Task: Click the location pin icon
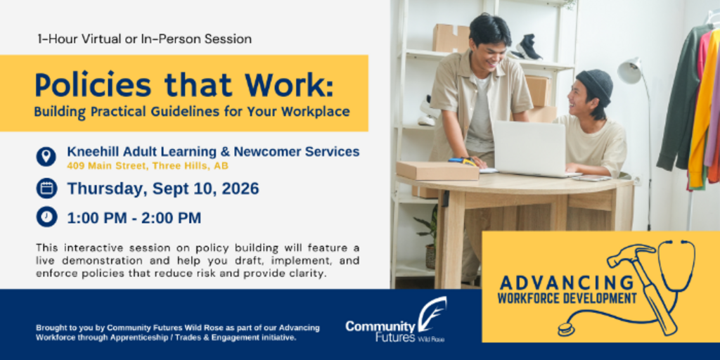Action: (x=46, y=157)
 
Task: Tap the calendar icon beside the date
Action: (x=46, y=188)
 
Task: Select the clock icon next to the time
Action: (x=46, y=217)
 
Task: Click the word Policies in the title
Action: (x=94, y=85)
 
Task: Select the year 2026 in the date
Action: (x=240, y=188)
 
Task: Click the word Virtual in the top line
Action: (x=101, y=39)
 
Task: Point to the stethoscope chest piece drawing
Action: (x=567, y=328)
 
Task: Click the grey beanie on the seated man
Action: (x=595, y=85)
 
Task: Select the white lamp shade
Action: (x=629, y=70)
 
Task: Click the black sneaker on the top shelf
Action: (x=528, y=47)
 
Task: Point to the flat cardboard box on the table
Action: (x=437, y=171)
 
